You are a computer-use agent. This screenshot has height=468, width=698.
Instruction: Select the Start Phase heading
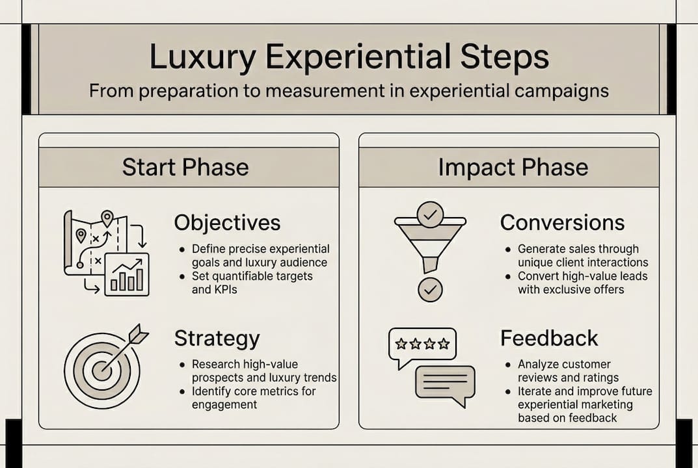click(185, 167)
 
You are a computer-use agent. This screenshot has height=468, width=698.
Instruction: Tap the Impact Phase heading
click(513, 167)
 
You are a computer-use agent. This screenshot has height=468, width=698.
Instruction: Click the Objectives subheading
click(227, 223)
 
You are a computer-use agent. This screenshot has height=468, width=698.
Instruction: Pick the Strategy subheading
click(217, 339)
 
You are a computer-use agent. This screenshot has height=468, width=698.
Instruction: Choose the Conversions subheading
click(562, 223)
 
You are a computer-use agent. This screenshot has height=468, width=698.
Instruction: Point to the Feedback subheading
click(549, 339)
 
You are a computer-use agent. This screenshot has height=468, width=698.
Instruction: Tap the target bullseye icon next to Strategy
click(101, 369)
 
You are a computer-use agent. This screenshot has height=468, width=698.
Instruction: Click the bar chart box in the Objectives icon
click(127, 275)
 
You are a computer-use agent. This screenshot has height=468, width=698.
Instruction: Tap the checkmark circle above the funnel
click(430, 214)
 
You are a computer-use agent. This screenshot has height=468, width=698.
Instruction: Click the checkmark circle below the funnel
click(429, 289)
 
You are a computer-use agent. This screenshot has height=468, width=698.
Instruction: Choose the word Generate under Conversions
click(543, 249)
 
